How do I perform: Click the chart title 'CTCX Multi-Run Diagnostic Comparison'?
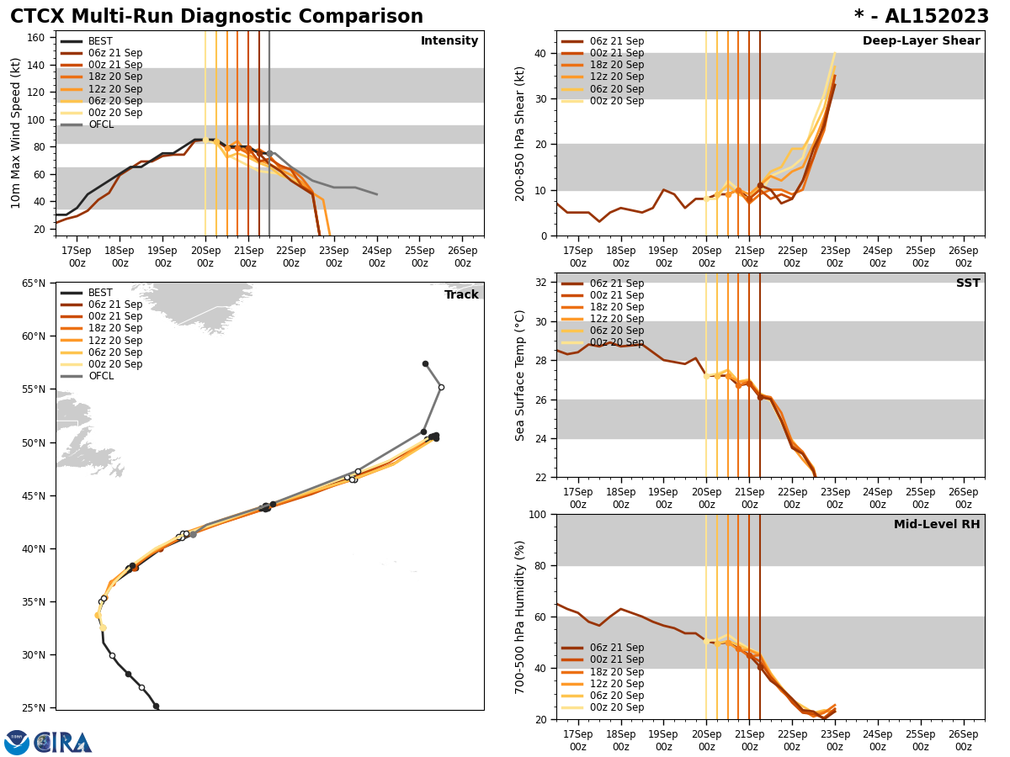(216, 17)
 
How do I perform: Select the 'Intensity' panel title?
(449, 41)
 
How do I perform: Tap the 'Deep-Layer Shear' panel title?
(921, 41)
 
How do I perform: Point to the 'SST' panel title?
(968, 283)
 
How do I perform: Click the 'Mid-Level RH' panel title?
(937, 525)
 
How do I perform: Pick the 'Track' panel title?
(461, 295)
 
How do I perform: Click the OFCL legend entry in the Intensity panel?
(100, 124)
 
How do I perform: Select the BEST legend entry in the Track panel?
(100, 293)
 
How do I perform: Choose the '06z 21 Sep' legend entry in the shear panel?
(616, 41)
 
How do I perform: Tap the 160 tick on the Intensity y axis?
(36, 38)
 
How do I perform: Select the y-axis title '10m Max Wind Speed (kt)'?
(16, 133)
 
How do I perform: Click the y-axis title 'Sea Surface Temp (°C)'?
(519, 375)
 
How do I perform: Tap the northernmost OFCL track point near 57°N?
(425, 364)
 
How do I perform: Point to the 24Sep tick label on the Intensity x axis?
(376, 257)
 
